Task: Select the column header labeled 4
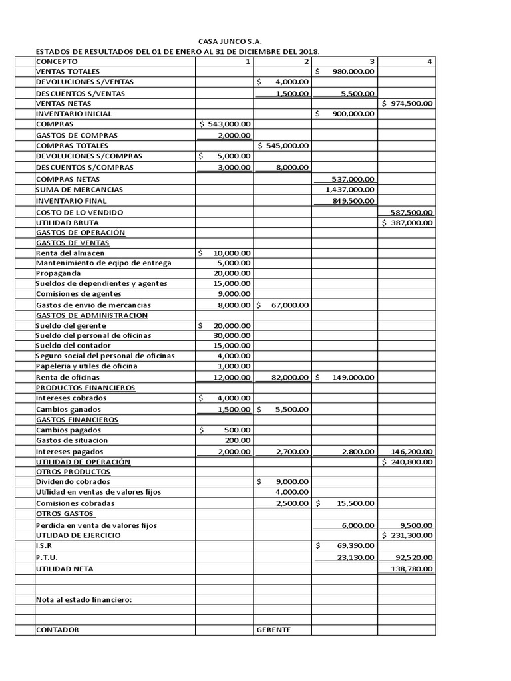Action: click(x=430, y=61)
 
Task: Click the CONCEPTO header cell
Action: click(x=57, y=61)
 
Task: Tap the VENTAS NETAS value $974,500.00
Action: click(x=407, y=103)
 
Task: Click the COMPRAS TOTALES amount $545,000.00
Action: click(x=283, y=145)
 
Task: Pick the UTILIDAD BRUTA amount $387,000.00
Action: click(x=407, y=223)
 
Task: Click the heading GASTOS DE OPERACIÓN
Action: click(x=81, y=233)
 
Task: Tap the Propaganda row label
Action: click(x=59, y=273)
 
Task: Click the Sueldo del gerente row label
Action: click(x=71, y=325)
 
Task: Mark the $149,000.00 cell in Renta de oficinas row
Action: click(x=345, y=378)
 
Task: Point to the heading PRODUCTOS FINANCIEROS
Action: click(x=85, y=387)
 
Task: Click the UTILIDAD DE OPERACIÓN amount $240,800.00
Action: click(x=407, y=462)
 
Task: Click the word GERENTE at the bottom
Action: click(x=273, y=629)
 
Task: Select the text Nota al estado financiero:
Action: click(x=84, y=599)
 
